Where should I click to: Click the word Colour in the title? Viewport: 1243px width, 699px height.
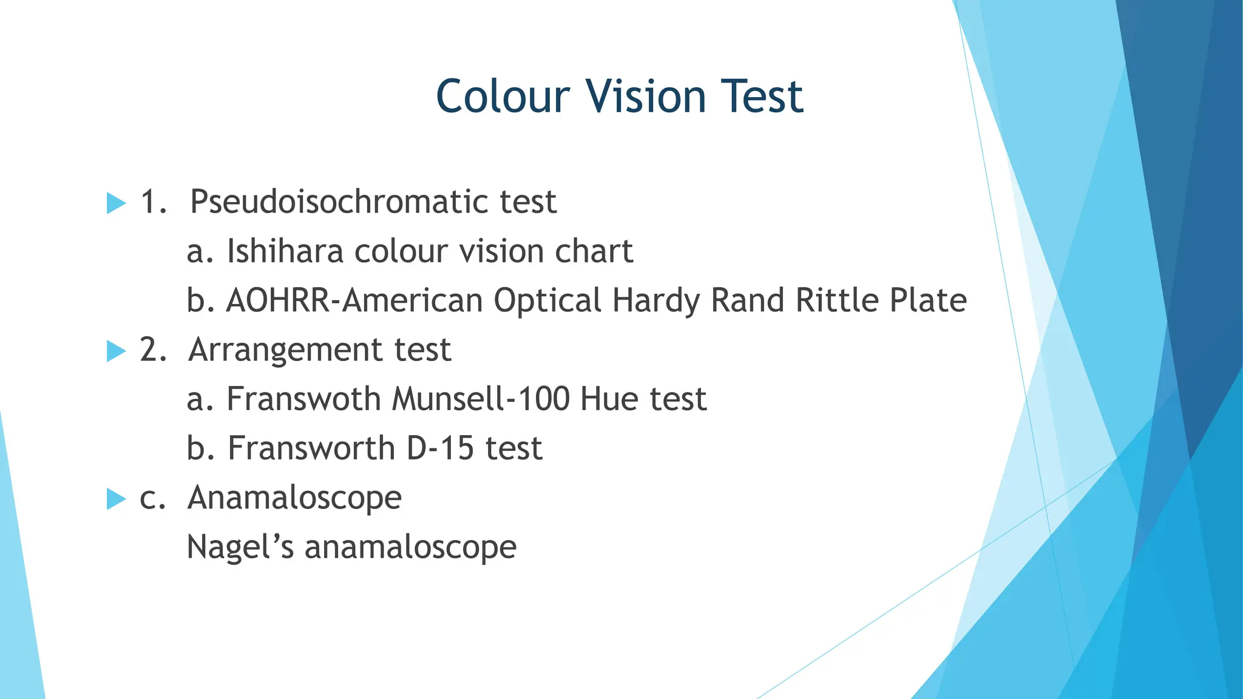click(x=503, y=96)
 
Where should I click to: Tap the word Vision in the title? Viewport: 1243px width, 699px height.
click(x=645, y=96)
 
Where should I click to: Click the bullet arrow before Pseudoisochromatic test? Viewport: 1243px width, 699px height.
click(x=115, y=203)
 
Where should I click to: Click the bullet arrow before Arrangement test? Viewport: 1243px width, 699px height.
click(x=115, y=351)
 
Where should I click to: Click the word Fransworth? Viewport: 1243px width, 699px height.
click(x=311, y=448)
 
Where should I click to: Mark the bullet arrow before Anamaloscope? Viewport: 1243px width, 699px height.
click(x=115, y=499)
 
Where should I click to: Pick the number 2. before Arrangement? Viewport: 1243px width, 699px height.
click(x=153, y=350)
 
